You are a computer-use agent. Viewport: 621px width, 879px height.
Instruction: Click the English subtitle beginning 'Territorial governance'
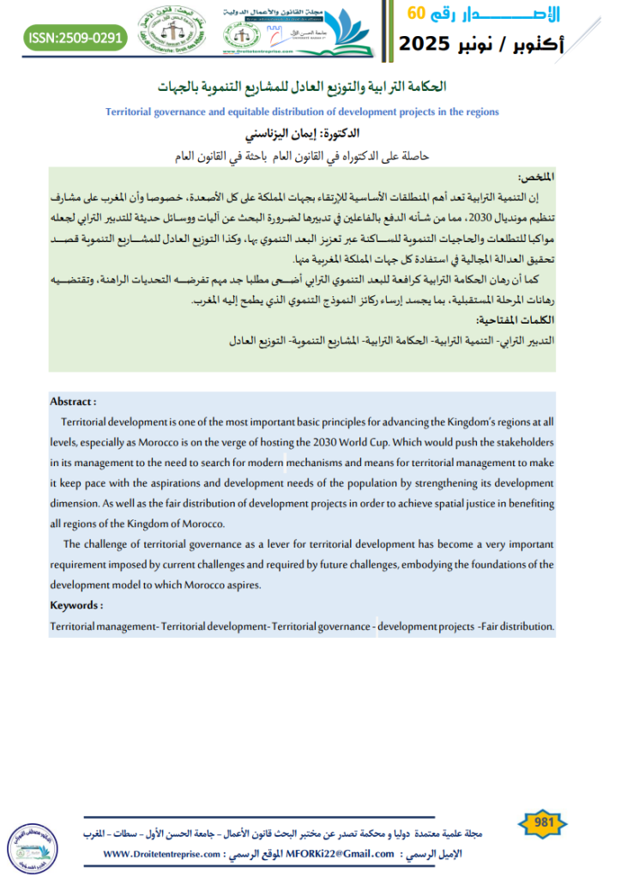(x=313, y=112)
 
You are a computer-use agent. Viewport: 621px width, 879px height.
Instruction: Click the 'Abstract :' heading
(x=73, y=401)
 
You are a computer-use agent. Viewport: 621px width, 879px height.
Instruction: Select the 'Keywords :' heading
(x=76, y=605)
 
